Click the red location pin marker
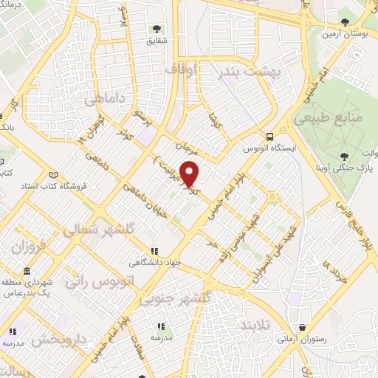click(190, 173)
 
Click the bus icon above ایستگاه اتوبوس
click(270, 137)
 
